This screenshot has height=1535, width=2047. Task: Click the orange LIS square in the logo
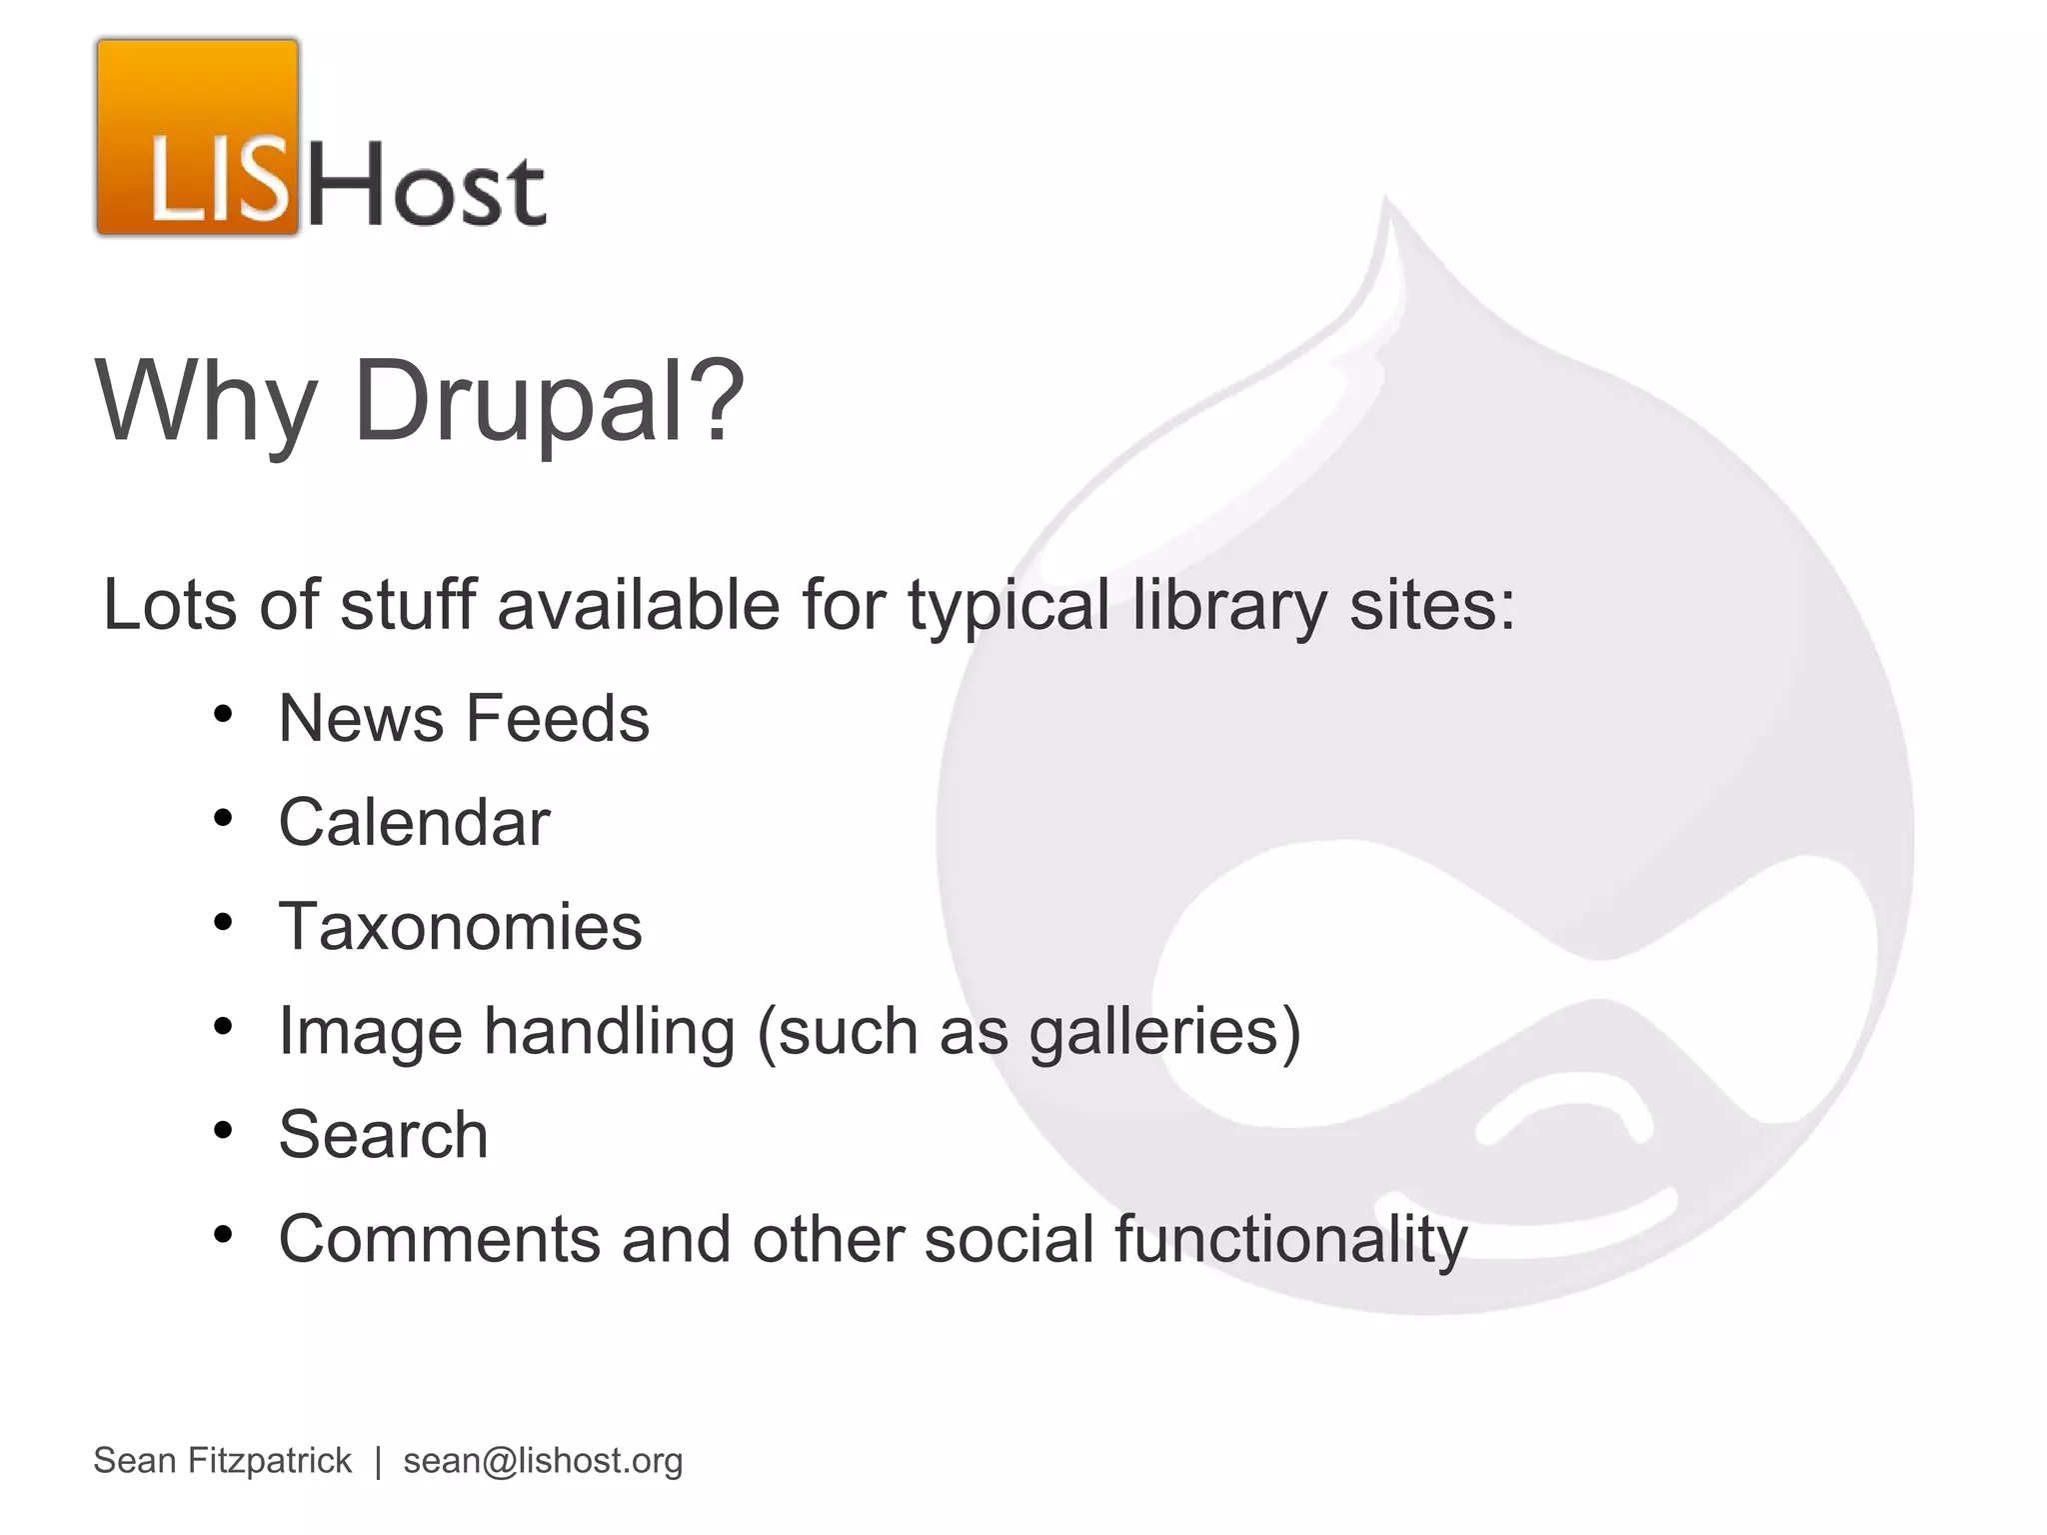[x=198, y=137]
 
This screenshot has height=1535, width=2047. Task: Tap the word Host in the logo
[x=428, y=184]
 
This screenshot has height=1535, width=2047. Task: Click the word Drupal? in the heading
[x=549, y=403]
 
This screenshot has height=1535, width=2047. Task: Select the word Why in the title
[x=205, y=403]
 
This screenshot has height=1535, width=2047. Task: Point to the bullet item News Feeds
[x=464, y=718]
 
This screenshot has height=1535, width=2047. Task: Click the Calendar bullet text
[x=414, y=822]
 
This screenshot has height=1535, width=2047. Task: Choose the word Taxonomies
[x=460, y=926]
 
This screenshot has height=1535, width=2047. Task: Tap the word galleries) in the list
[x=1165, y=1031]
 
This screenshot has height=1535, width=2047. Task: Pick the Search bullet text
[x=383, y=1135]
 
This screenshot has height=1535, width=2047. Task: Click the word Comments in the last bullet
[x=439, y=1239]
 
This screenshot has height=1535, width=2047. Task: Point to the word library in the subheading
[x=1228, y=606]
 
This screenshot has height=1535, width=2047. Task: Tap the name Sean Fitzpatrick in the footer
[x=222, y=1461]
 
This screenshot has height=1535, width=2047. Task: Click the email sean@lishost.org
[x=543, y=1461]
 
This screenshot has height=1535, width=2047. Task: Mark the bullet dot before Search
[x=223, y=1131]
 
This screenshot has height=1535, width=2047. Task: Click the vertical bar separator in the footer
[x=378, y=1461]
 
